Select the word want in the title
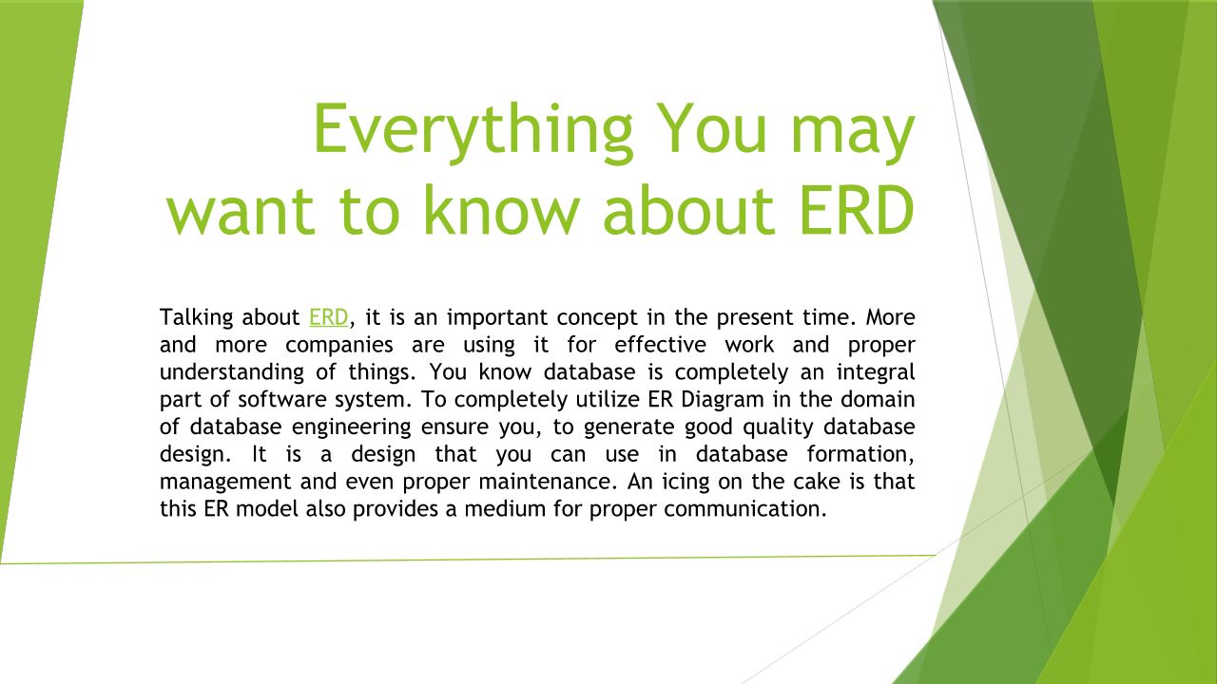(x=241, y=211)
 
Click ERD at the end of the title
(x=857, y=210)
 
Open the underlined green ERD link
(x=328, y=317)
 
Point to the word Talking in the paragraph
(x=196, y=318)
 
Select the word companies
(x=339, y=346)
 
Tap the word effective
(x=660, y=345)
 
